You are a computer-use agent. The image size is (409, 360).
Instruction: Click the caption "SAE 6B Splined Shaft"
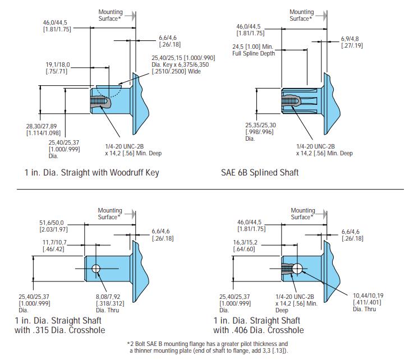pyautogui.click(x=260, y=172)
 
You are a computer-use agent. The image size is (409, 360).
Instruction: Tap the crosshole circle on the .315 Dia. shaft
pyautogui.click(x=97, y=269)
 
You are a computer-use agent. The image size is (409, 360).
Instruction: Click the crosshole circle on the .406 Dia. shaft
pyautogui.click(x=297, y=269)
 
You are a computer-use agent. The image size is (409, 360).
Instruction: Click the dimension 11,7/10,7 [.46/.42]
pyautogui.click(x=54, y=245)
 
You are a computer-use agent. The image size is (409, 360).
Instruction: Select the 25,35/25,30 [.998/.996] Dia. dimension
pyautogui.click(x=260, y=132)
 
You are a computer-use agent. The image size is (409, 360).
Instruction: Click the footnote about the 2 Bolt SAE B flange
pyautogui.click(x=208, y=347)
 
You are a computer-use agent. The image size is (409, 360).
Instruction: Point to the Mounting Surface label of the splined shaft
pyautogui.click(x=302, y=15)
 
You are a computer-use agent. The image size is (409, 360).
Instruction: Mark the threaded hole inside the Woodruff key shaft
pyautogui.click(x=99, y=101)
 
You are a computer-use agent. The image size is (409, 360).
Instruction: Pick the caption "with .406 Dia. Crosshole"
pyautogui.click(x=259, y=330)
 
